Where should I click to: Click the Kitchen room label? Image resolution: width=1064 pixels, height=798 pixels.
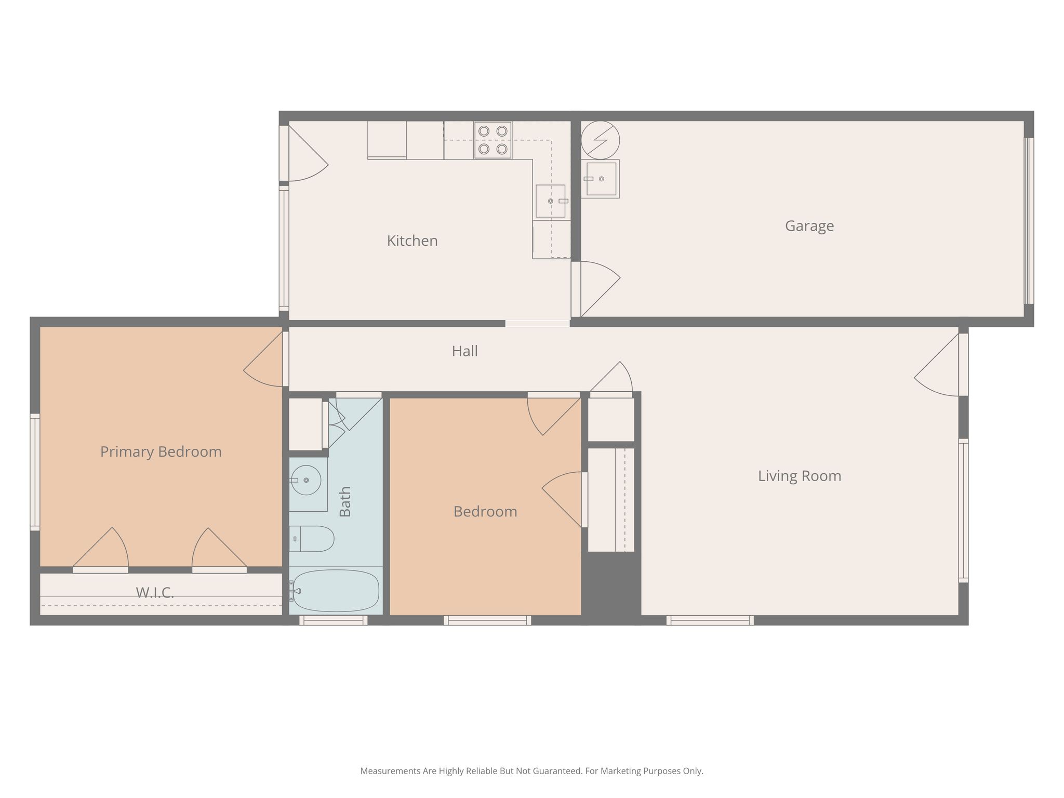click(412, 241)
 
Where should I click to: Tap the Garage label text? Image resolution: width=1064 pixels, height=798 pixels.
click(809, 226)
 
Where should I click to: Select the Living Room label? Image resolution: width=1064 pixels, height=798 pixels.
click(799, 476)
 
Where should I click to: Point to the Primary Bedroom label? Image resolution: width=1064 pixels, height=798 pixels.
click(161, 452)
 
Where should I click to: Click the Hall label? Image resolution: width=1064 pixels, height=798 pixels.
click(464, 351)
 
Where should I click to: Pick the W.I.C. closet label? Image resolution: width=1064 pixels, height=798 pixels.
click(154, 592)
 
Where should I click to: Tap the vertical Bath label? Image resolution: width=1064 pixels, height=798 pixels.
click(345, 501)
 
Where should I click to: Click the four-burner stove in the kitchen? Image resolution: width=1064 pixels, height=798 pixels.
click(493, 140)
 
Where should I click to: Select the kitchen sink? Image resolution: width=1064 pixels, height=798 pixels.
click(551, 201)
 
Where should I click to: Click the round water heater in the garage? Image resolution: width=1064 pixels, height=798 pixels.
click(600, 140)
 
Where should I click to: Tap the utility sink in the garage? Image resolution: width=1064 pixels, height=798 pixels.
click(601, 179)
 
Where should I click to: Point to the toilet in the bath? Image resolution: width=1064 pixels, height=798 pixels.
click(311, 539)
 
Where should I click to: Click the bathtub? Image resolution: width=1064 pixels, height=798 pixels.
click(334, 591)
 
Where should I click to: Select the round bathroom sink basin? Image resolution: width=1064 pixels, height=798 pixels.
click(305, 480)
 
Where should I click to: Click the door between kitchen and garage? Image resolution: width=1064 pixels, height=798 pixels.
click(595, 289)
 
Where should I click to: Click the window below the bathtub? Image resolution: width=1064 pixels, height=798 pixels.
click(333, 620)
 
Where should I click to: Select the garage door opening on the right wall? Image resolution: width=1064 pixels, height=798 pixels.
click(1029, 221)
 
